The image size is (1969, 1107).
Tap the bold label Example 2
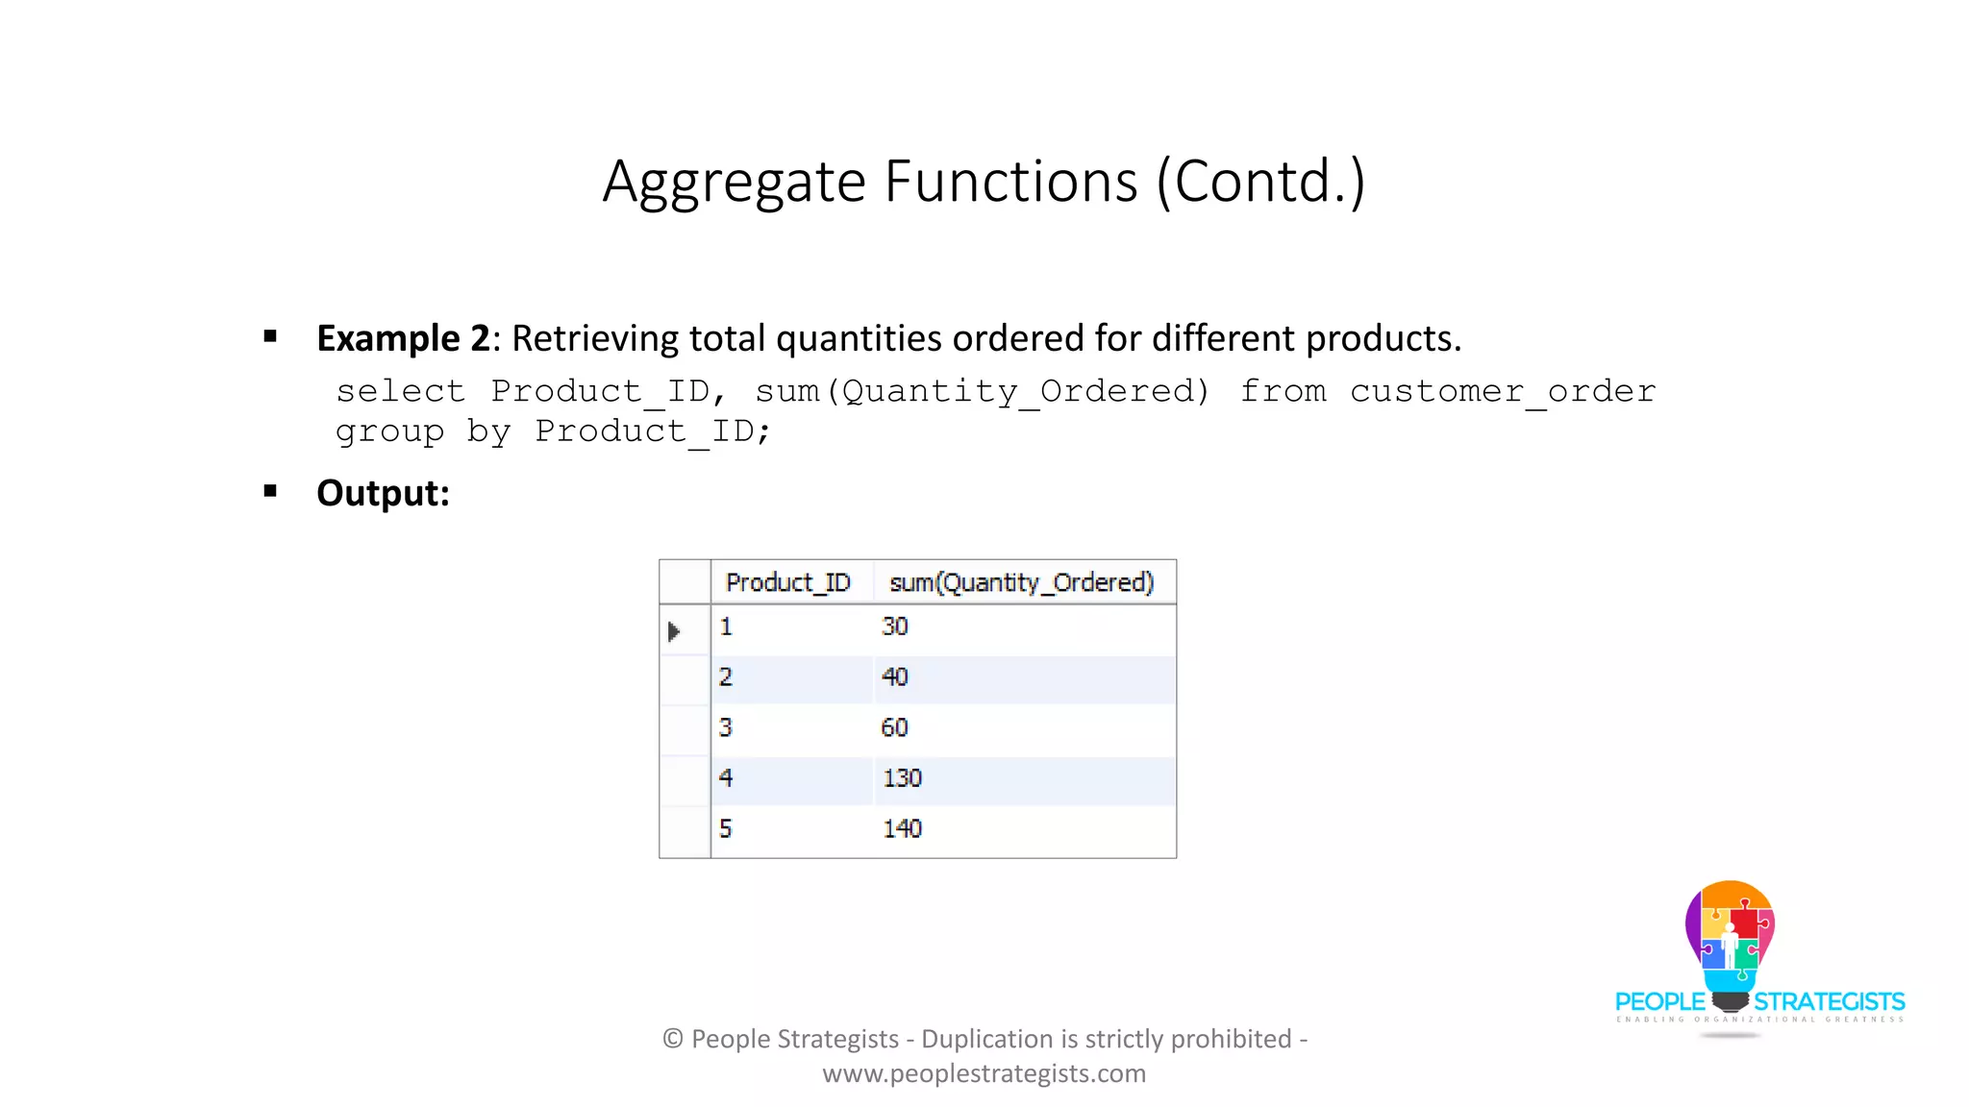403,338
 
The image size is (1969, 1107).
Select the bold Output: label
383,493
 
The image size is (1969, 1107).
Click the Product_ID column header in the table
787,582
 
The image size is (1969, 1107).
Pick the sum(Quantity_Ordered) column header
1021,582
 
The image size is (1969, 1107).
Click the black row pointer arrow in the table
674,631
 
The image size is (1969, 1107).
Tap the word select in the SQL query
400,391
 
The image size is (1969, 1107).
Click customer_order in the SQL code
1502,391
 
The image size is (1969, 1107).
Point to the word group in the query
389,431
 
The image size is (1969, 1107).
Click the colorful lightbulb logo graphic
1730,937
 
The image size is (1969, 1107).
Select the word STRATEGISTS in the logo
1829,1002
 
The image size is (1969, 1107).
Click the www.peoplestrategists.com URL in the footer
984,1073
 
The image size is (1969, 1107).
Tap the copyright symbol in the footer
673,1039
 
